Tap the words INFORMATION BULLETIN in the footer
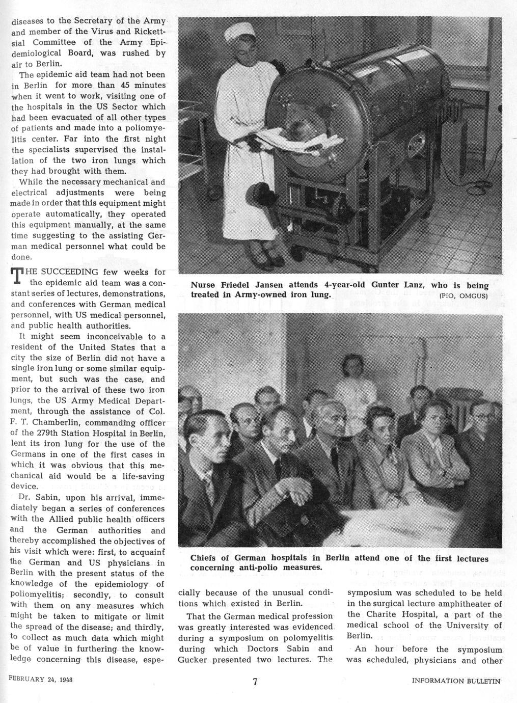pyautogui.click(x=456, y=681)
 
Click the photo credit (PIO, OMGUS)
pyautogui.click(x=463, y=295)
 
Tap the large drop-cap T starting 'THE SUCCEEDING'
pyautogui.click(x=17, y=277)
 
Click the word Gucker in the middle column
pyautogui.click(x=193, y=660)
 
